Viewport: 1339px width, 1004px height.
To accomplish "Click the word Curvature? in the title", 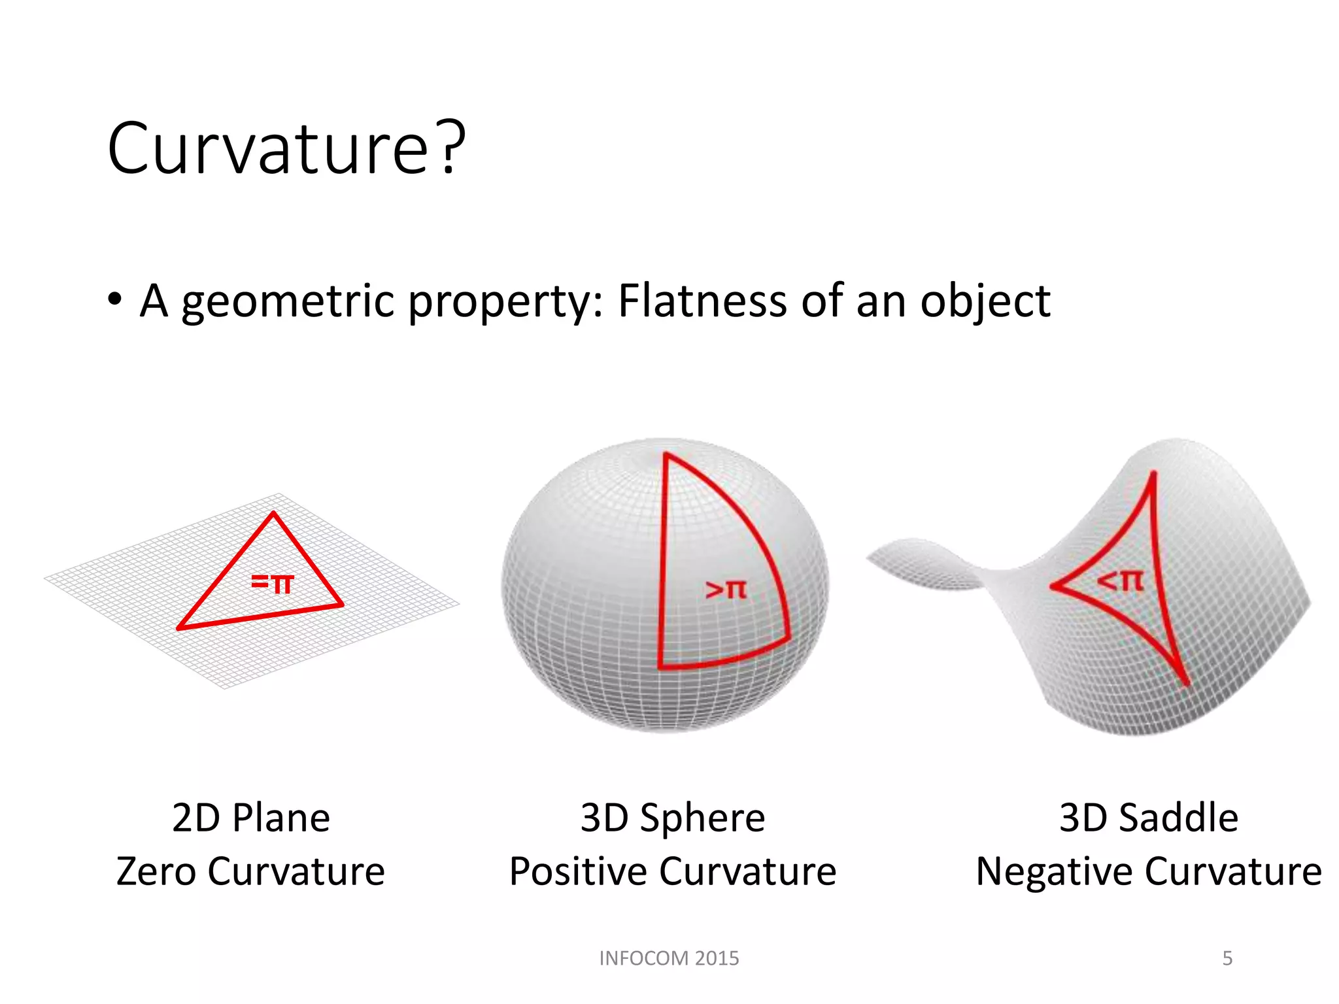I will tap(286, 149).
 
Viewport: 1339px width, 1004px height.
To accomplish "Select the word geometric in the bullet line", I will tap(288, 302).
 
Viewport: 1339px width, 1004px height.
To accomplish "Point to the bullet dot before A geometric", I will tap(115, 300).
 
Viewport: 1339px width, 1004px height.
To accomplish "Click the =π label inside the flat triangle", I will tap(273, 582).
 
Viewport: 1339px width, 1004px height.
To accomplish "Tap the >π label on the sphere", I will tap(726, 590).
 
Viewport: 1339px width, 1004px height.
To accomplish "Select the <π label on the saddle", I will tap(1121, 580).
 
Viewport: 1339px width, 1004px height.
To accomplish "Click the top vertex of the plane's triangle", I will tap(274, 514).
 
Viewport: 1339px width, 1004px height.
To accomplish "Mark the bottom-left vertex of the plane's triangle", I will tap(180, 628).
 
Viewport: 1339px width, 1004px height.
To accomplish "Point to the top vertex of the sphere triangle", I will tap(666, 454).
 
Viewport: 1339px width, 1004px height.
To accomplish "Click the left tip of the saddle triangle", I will tap(1053, 586).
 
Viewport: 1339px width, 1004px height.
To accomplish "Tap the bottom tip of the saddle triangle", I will tap(1187, 683).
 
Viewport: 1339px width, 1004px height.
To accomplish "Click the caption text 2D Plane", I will tap(251, 818).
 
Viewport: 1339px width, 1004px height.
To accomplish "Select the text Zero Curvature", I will tap(250, 871).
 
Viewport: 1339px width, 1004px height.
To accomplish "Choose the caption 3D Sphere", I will tap(673, 818).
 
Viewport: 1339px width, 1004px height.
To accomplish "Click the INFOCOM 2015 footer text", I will tap(669, 958).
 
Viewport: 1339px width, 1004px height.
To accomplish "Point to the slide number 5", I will tap(1227, 958).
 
